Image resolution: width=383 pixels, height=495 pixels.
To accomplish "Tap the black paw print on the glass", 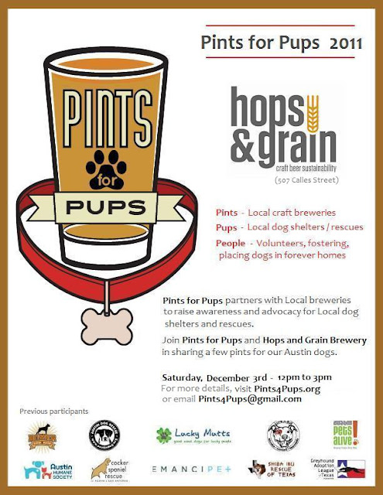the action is coord(105,163).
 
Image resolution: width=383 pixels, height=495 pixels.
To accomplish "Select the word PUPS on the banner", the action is coord(104,208).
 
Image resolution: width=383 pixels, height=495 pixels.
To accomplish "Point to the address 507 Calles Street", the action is coord(289,179).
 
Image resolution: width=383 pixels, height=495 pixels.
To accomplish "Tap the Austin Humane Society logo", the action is coord(49,469).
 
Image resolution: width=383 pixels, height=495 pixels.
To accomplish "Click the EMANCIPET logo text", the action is coord(190,469).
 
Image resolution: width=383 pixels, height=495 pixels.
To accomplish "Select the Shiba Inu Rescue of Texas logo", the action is coord(272,469).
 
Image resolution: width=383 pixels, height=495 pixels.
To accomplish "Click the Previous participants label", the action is coord(53,411).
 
